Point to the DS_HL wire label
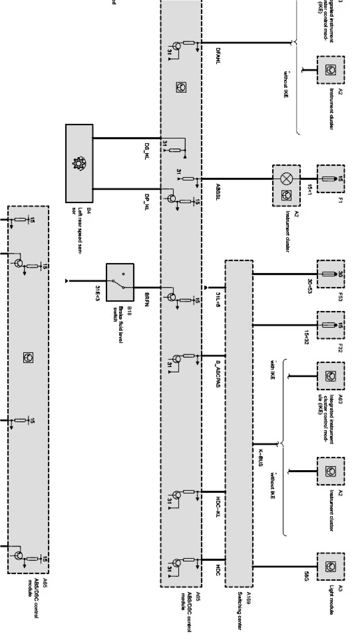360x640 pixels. click(147, 151)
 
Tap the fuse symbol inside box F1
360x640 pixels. click(331, 179)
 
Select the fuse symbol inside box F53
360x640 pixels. click(331, 274)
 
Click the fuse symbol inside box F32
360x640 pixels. click(331, 325)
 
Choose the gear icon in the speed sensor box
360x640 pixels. click(78, 164)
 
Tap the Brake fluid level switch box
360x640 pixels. click(120, 282)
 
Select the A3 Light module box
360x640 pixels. click(331, 567)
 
